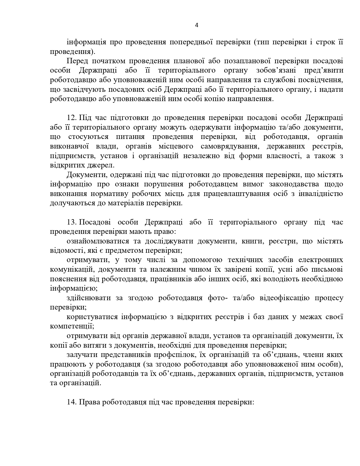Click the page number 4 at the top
197,25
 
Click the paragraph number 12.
72,118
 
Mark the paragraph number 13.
72,222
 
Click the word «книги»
252,241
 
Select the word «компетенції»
72,326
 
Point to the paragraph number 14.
72,402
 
